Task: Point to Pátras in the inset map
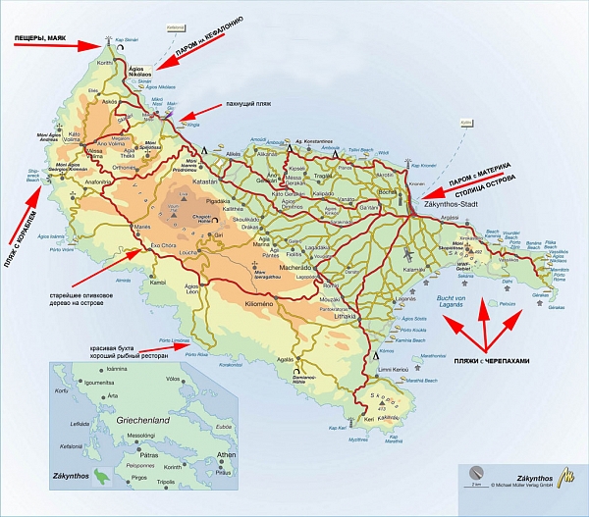coord(148,455)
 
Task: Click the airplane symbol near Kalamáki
coord(406,254)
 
